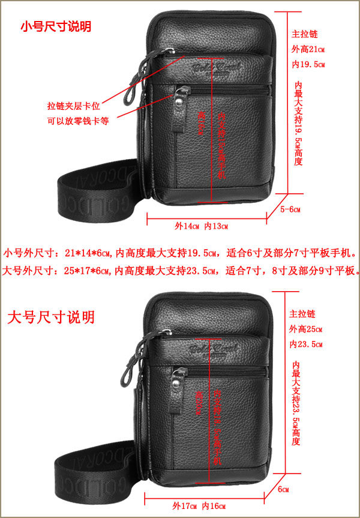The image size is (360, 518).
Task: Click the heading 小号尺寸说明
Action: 56,26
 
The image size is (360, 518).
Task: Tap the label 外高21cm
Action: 308,49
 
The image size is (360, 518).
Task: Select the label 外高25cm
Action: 306,329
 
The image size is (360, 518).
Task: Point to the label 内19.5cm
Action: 308,64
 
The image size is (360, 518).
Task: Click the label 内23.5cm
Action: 306,345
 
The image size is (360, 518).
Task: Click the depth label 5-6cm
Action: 290,209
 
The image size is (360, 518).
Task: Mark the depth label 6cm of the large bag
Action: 283,489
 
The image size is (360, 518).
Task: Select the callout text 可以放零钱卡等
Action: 78,120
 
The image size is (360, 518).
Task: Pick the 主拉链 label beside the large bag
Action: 301,314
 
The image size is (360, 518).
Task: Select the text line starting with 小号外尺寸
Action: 180,253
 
